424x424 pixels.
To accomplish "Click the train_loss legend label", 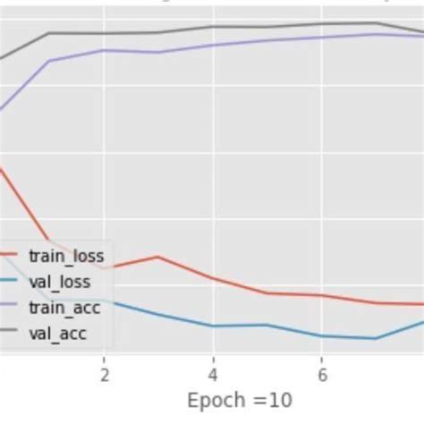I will click(65, 257).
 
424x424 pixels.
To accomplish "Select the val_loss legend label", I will click(60, 283).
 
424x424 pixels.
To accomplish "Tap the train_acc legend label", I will click(64, 309).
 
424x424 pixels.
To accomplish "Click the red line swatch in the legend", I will click(9, 257).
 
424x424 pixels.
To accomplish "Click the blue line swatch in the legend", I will click(9, 283).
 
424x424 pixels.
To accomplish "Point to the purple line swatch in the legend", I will click(9, 309).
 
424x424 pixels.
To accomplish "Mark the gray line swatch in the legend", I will click(9, 335).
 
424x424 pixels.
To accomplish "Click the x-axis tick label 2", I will click(105, 373).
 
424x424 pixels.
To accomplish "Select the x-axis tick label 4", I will click(213, 373).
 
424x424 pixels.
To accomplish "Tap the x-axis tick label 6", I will click(322, 373).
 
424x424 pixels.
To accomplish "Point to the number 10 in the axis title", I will click(281, 400).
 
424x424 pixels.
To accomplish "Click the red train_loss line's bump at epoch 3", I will click(158, 257).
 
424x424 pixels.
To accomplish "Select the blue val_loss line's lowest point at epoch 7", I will click(376, 338).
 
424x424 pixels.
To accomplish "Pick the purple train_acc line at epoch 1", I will click(50, 61).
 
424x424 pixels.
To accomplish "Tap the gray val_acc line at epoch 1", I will click(50, 33).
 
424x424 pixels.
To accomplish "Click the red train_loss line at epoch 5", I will click(267, 293).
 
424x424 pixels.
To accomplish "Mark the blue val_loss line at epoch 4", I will click(213, 326).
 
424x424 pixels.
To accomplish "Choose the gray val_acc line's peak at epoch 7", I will click(376, 23).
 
